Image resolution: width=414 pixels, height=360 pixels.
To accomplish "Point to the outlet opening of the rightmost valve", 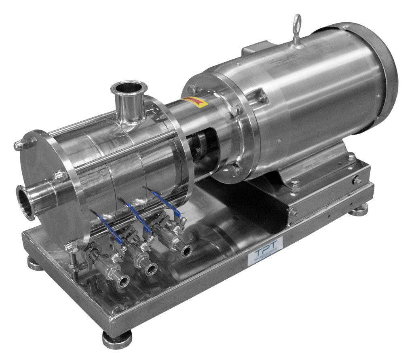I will coord(186,251).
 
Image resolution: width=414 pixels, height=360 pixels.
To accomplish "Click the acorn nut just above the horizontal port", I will coord(59,176).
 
